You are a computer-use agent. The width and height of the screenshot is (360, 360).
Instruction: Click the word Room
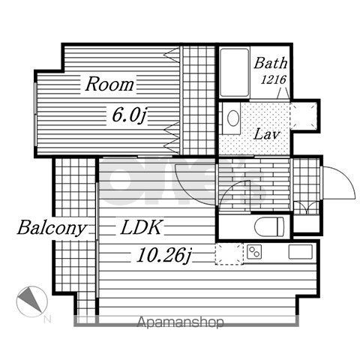coord(109,84)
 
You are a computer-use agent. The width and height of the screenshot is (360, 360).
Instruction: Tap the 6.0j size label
coord(128,115)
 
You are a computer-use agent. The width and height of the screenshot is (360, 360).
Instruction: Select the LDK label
coord(142,227)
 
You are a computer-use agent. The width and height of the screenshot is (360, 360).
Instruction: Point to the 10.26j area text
coord(163,255)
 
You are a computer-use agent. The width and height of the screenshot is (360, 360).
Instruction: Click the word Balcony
coord(51,228)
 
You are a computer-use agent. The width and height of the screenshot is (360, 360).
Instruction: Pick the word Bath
coord(271,63)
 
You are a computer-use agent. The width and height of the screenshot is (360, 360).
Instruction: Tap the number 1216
coord(274,79)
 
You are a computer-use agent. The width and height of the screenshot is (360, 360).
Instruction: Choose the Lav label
coord(266,135)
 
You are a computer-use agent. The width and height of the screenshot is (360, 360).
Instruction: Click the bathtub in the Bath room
coord(235,73)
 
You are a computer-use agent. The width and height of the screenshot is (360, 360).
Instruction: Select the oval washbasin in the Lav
coord(233,118)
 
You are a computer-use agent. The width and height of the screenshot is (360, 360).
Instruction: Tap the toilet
coord(269,226)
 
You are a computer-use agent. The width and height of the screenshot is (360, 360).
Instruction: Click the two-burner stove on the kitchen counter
coord(254,252)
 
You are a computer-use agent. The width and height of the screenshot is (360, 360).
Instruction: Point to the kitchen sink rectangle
coord(301,251)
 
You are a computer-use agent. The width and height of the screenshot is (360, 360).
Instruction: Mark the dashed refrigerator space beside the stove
coord(229,253)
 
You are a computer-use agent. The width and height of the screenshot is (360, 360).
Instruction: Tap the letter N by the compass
coord(47,319)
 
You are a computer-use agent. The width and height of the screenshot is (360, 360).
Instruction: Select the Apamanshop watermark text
coord(180,322)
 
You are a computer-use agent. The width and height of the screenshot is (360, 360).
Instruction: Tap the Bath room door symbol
coord(283,94)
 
